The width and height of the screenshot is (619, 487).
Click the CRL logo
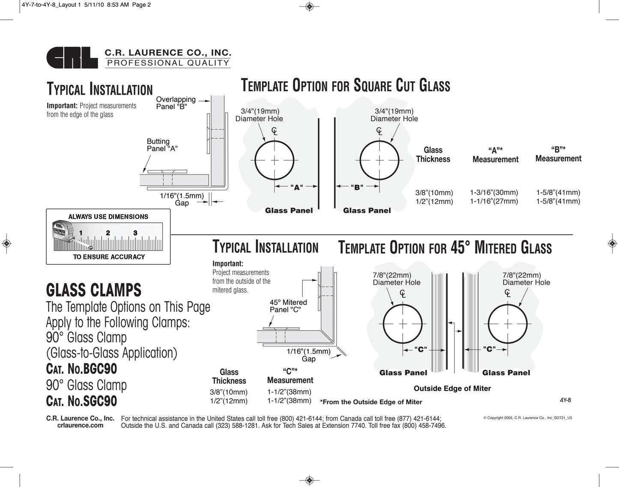point(72,57)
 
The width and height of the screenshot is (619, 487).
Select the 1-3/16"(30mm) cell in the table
point(494,193)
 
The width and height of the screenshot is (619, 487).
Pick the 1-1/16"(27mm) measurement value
point(494,201)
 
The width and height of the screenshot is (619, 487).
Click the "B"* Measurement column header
point(558,154)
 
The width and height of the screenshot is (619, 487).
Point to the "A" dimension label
point(296,187)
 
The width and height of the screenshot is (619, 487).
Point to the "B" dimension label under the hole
point(357,187)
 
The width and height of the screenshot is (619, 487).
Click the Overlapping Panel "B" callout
point(176,103)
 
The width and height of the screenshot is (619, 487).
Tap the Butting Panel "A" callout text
point(161,145)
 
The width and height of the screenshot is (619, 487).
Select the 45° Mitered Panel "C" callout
point(288,306)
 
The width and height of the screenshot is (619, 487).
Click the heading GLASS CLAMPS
point(93,290)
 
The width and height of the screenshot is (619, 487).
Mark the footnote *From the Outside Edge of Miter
point(371,402)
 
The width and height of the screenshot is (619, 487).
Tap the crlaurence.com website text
point(80,425)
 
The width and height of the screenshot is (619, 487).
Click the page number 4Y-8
point(565,400)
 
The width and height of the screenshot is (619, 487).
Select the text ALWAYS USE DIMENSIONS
point(108,217)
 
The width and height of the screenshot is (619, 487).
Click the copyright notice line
point(527,418)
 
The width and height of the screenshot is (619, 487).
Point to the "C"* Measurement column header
point(290,376)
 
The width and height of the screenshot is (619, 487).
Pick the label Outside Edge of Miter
point(452,388)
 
